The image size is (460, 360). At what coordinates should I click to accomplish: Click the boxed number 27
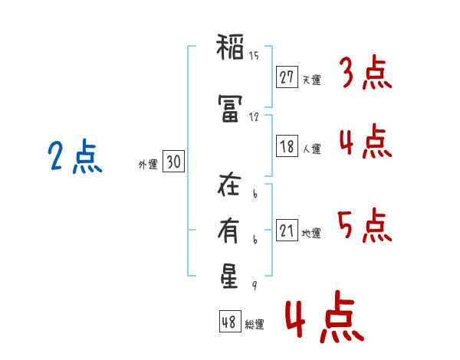(x=287, y=77)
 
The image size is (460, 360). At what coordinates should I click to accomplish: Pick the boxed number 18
(x=287, y=147)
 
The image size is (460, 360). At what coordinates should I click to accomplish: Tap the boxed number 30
(x=173, y=162)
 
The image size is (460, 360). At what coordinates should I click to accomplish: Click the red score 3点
(x=366, y=74)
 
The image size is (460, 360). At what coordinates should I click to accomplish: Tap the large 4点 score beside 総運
(x=324, y=319)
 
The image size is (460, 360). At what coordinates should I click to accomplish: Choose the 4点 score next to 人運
(x=366, y=142)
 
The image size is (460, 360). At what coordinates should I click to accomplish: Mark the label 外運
(x=147, y=164)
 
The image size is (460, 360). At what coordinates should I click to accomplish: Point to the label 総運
(x=255, y=325)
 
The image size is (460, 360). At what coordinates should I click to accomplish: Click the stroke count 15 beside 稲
(x=254, y=55)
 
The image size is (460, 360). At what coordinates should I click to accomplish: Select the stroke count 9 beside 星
(x=253, y=285)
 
